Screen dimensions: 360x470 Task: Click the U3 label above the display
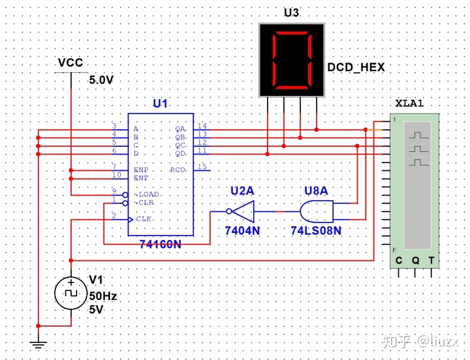click(x=292, y=13)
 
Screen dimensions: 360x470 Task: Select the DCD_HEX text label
click(x=355, y=67)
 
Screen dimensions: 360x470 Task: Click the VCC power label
click(x=70, y=63)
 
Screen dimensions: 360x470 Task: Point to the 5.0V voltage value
click(x=101, y=80)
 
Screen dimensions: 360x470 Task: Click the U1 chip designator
click(x=160, y=104)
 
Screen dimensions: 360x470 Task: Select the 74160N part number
click(x=161, y=243)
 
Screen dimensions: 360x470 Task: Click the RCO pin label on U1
click(x=178, y=170)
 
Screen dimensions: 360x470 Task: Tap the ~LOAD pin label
click(x=147, y=194)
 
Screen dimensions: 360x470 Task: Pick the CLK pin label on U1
click(x=144, y=219)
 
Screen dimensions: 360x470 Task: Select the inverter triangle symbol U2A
click(x=242, y=212)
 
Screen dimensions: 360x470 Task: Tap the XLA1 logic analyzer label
click(x=409, y=104)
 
